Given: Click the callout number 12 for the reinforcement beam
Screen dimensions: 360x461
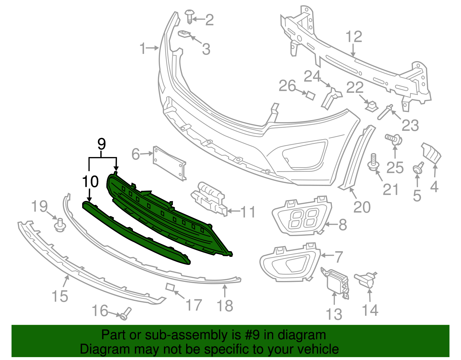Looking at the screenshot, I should (x=354, y=37).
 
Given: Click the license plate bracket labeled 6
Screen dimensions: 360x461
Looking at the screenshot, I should (x=169, y=163).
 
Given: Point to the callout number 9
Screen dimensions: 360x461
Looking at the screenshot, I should (x=101, y=144).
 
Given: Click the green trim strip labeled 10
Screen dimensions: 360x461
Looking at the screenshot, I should (x=135, y=233).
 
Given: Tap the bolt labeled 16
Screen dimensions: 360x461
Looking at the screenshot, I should (x=125, y=314).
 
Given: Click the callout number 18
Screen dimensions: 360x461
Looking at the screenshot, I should (x=225, y=306).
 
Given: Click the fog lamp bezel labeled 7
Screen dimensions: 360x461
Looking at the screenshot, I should (x=290, y=262).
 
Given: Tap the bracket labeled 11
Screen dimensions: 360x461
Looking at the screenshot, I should (x=209, y=198).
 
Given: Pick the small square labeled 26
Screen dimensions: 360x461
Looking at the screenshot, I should (x=310, y=95).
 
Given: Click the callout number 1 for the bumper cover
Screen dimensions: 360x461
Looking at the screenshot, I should (x=143, y=48).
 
